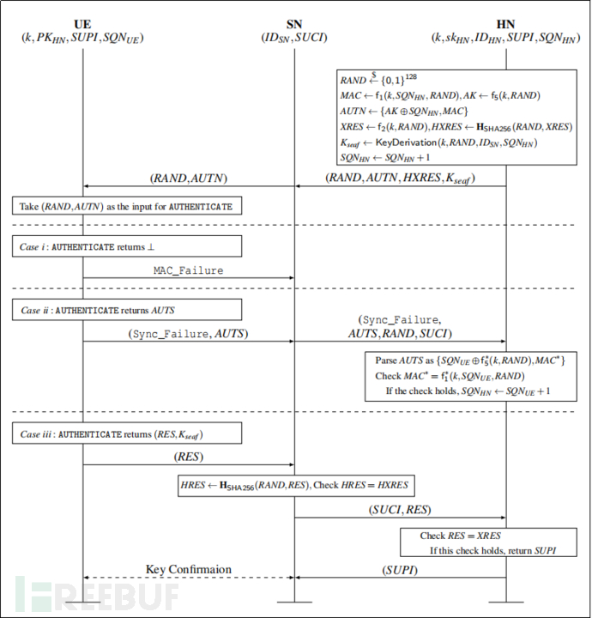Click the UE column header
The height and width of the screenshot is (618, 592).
point(83,23)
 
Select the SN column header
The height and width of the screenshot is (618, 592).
point(293,23)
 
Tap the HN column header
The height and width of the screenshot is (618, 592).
point(504,23)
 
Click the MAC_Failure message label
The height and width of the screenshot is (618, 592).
point(188,270)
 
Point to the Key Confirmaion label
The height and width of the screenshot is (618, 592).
point(188,569)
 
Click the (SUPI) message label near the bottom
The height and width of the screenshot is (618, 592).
point(399,569)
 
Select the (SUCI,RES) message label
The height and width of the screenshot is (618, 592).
point(399,511)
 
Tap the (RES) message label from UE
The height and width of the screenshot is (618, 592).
point(188,457)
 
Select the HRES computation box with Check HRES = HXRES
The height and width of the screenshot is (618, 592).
point(293,486)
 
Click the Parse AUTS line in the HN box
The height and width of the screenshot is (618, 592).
point(469,360)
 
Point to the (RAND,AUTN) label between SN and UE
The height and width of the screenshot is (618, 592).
point(188,179)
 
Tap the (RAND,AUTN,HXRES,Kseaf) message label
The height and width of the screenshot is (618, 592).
point(399,179)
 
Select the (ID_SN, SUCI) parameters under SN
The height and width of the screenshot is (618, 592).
point(293,38)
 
